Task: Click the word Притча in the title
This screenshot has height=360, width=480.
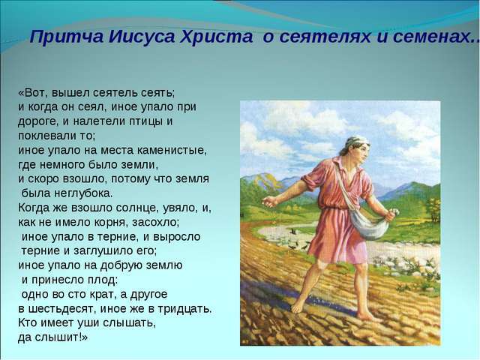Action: [x=66, y=37]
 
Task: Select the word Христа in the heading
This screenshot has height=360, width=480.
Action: [x=216, y=37]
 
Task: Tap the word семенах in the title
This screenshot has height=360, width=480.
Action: [x=432, y=37]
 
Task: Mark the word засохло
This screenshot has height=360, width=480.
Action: [x=155, y=222]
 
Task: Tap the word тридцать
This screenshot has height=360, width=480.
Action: [x=184, y=309]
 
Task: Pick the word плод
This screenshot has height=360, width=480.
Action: [x=103, y=280]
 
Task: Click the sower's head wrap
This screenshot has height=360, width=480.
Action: [x=357, y=141]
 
